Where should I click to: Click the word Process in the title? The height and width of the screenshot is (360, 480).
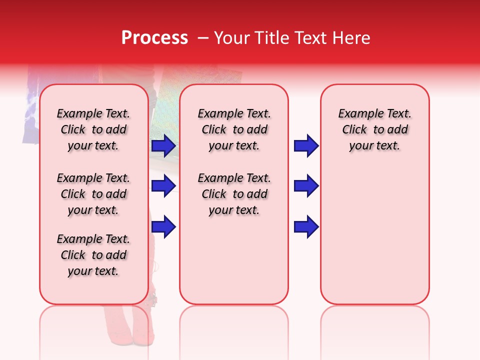tap(154, 37)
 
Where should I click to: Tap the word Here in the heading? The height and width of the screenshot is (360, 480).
tap(351, 38)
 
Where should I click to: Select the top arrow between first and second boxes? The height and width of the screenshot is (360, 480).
tap(163, 146)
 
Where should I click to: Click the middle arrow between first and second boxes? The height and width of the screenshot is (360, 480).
tap(163, 186)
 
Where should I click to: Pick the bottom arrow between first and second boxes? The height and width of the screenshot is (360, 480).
tap(163, 226)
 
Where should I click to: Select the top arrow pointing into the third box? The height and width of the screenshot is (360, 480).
tap(306, 146)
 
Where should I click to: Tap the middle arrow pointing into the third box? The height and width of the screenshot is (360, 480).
tap(306, 186)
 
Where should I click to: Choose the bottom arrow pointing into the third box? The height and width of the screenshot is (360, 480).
tap(306, 226)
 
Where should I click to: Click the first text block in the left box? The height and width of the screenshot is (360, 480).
tap(93, 129)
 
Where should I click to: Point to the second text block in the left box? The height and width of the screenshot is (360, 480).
tap(93, 194)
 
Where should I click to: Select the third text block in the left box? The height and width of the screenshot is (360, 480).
tap(93, 255)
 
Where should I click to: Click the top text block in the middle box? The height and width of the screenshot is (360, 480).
tap(234, 129)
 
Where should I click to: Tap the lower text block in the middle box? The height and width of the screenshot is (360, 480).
tap(234, 194)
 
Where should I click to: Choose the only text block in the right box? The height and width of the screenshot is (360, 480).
tap(375, 129)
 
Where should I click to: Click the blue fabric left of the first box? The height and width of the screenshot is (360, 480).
tap(30, 110)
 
